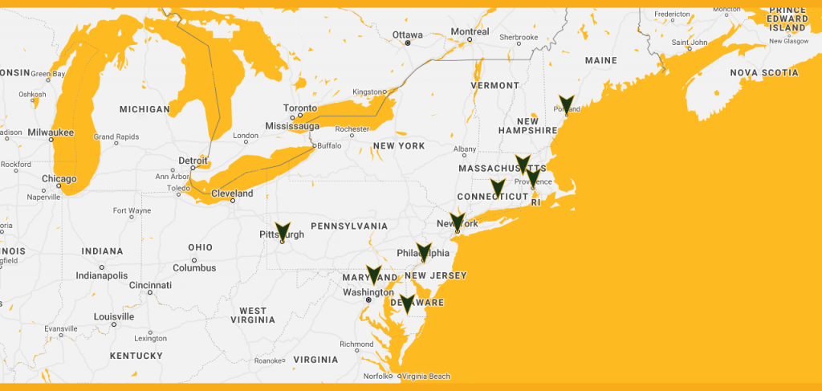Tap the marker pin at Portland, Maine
click(567, 104)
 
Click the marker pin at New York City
click(458, 222)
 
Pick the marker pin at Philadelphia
click(424, 252)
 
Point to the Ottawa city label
click(407, 35)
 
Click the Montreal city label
click(470, 32)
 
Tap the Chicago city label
click(59, 179)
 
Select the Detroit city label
click(193, 161)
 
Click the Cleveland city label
click(232, 193)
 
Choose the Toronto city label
click(300, 108)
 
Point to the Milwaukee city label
click(51, 132)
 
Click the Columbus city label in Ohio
click(194, 267)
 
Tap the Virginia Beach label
click(426, 376)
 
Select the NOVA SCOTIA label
click(764, 73)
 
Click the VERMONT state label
click(495, 85)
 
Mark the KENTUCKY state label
click(136, 356)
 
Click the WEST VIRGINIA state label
click(253, 316)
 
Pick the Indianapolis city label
click(102, 275)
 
